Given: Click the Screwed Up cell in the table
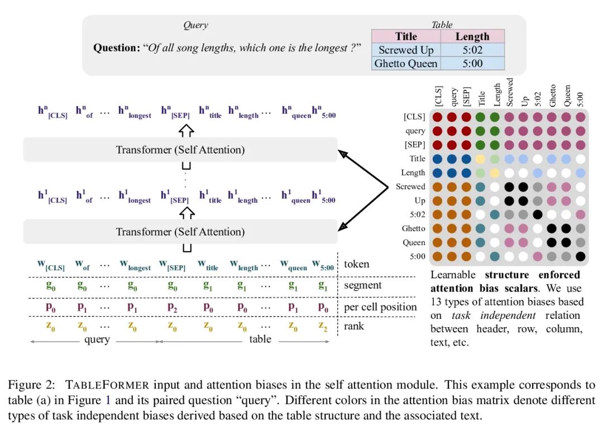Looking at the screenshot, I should [x=406, y=50].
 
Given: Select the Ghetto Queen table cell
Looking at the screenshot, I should [x=406, y=64].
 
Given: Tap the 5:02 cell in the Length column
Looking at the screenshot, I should [x=472, y=50].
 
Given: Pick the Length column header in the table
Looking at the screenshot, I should [x=472, y=36].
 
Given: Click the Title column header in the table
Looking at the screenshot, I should [x=406, y=36].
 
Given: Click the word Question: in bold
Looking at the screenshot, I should [x=116, y=48].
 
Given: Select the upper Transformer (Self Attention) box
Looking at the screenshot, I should [x=180, y=150].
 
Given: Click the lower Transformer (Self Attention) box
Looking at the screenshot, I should [x=180, y=231].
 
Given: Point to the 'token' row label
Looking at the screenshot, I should [x=356, y=264].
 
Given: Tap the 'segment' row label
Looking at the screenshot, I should [x=362, y=285].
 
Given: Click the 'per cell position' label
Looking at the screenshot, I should [x=380, y=307].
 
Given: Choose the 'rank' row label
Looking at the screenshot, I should [x=354, y=326].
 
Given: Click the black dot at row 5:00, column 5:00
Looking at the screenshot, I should [x=581, y=256].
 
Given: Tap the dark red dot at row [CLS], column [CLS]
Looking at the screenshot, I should [x=438, y=117].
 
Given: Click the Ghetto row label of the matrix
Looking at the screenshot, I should [x=413, y=228].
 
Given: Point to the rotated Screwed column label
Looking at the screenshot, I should [x=510, y=92].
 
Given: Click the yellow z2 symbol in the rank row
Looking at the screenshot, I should [x=323, y=326].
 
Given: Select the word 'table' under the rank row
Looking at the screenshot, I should [x=260, y=339].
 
